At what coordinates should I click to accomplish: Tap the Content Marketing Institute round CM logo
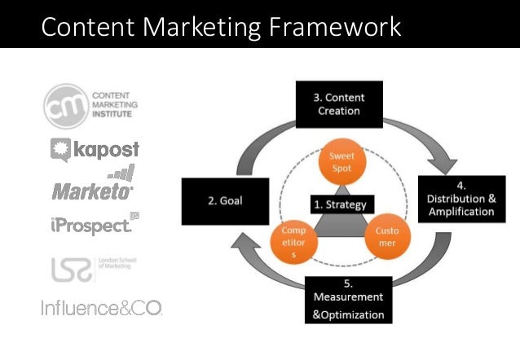[x=63, y=103]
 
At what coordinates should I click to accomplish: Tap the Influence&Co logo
[x=101, y=308]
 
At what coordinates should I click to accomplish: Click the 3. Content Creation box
[x=338, y=105]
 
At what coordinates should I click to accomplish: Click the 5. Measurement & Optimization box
[x=347, y=301]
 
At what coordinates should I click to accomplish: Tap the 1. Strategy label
[x=340, y=204]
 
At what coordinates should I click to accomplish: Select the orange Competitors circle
[x=288, y=244]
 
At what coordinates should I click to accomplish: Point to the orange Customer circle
[x=387, y=237]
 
